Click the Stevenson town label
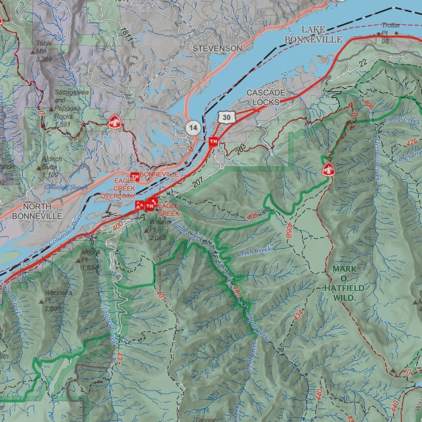217,49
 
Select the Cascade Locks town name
266,97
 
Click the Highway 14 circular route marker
193,127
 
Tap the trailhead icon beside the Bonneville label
135,176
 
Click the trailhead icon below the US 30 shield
213,142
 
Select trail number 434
298,313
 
